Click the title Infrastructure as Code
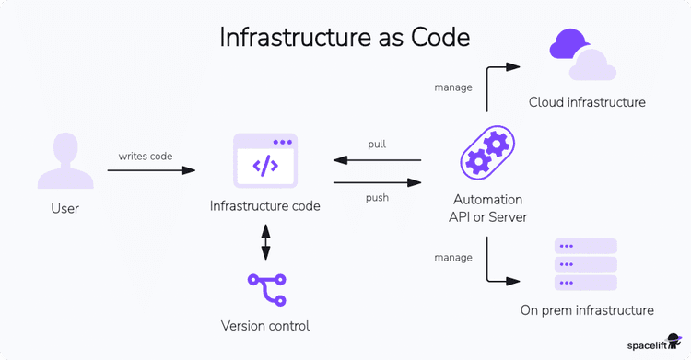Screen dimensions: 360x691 click(x=345, y=37)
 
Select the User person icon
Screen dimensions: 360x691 click(x=64, y=161)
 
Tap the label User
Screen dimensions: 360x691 click(x=64, y=209)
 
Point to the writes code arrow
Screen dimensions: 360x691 click(x=157, y=170)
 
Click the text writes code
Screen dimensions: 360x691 click(x=145, y=156)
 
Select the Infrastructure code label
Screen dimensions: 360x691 click(x=265, y=206)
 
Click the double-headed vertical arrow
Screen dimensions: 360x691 click(x=265, y=242)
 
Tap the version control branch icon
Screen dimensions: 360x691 click(x=266, y=290)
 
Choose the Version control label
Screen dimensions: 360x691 click(x=265, y=326)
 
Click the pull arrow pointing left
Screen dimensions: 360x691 click(x=377, y=161)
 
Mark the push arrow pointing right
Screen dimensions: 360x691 click(x=377, y=182)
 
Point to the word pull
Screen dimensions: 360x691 click(x=377, y=145)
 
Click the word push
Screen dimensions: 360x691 click(x=377, y=197)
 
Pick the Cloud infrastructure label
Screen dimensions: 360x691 click(x=587, y=102)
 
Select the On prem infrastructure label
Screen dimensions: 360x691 click(x=586, y=310)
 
